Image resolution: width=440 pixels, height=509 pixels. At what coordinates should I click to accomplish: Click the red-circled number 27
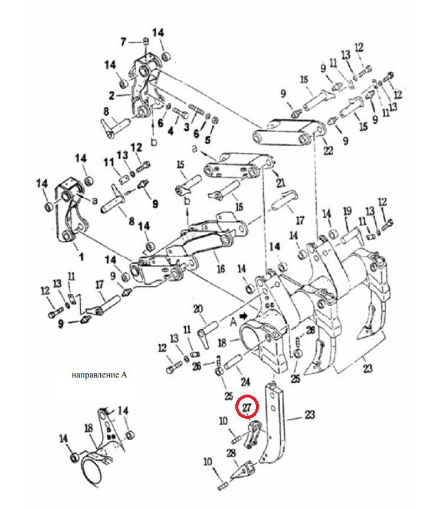[247, 407]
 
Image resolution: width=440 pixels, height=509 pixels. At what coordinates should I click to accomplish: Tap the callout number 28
[231, 453]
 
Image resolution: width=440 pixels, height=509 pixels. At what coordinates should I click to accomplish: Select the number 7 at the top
[123, 42]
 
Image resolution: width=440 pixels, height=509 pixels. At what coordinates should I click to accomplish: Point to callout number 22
[328, 150]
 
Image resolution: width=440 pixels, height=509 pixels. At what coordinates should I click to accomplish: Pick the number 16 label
[221, 269]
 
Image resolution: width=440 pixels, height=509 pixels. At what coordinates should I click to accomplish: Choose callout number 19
[347, 211]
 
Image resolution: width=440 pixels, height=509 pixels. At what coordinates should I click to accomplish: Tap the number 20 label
[198, 308]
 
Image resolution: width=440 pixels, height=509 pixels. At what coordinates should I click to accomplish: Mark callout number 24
[245, 382]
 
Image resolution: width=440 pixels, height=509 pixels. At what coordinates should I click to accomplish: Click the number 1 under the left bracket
[81, 257]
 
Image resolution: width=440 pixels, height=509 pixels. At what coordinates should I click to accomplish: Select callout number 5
[208, 140]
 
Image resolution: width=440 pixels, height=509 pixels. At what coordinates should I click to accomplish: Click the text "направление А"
[99, 375]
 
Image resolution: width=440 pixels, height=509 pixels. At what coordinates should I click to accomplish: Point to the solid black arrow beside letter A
[243, 316]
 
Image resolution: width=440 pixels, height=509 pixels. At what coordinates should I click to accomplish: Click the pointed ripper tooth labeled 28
[242, 471]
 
